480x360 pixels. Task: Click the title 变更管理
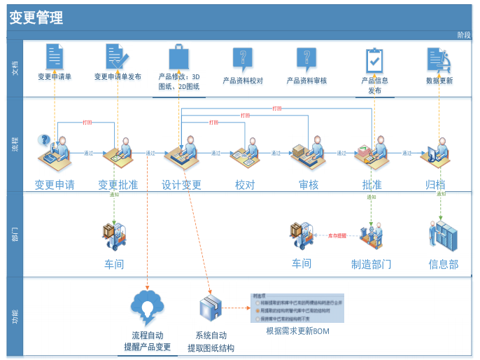36,18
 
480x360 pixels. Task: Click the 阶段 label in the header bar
464,35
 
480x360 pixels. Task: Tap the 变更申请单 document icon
55,57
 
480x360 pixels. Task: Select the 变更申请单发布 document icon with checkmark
115,57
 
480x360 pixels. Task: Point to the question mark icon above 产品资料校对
242,59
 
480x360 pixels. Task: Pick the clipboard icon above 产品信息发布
374,60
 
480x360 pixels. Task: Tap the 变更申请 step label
55,185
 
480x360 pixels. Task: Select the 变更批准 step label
118,185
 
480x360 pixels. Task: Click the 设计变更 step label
181,185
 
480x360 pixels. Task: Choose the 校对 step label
245,185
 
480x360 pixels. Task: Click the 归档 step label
435,185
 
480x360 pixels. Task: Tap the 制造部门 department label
371,264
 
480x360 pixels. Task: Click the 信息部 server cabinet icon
442,236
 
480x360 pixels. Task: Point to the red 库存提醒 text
337,236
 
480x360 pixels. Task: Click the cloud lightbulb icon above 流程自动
147,307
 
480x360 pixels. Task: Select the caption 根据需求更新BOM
297,331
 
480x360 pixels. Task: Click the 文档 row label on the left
15,67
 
